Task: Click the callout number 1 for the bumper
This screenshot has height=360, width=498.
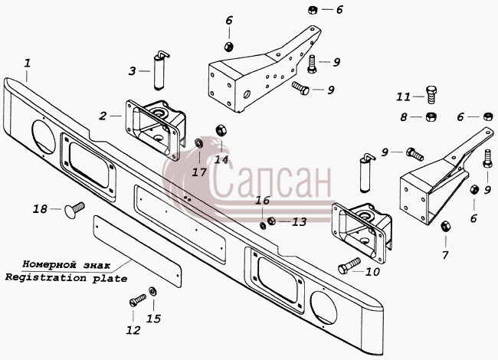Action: tap(28, 63)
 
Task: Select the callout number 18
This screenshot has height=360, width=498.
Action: tap(41, 209)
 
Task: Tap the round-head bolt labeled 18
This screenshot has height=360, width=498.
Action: tap(74, 209)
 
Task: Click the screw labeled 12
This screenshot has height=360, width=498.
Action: tap(137, 300)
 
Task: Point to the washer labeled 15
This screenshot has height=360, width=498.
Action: tap(152, 291)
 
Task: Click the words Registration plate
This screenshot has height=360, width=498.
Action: tap(66, 278)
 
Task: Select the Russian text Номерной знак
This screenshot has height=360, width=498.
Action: tap(67, 264)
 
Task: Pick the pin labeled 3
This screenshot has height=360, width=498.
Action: tap(160, 70)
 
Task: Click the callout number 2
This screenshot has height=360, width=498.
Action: tap(102, 116)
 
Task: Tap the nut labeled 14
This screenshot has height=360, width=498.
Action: tap(221, 130)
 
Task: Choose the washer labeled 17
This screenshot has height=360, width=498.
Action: tap(199, 142)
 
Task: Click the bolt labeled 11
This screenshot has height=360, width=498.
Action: tap(431, 95)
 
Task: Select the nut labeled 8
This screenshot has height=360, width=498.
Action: tap(431, 117)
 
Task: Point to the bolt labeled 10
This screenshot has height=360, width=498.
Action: tap(349, 266)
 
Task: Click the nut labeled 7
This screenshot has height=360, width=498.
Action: tap(445, 226)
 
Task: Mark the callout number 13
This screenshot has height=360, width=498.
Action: tap(299, 221)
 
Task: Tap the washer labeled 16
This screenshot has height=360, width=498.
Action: tap(263, 226)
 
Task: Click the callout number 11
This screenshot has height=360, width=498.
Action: tap(403, 97)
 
